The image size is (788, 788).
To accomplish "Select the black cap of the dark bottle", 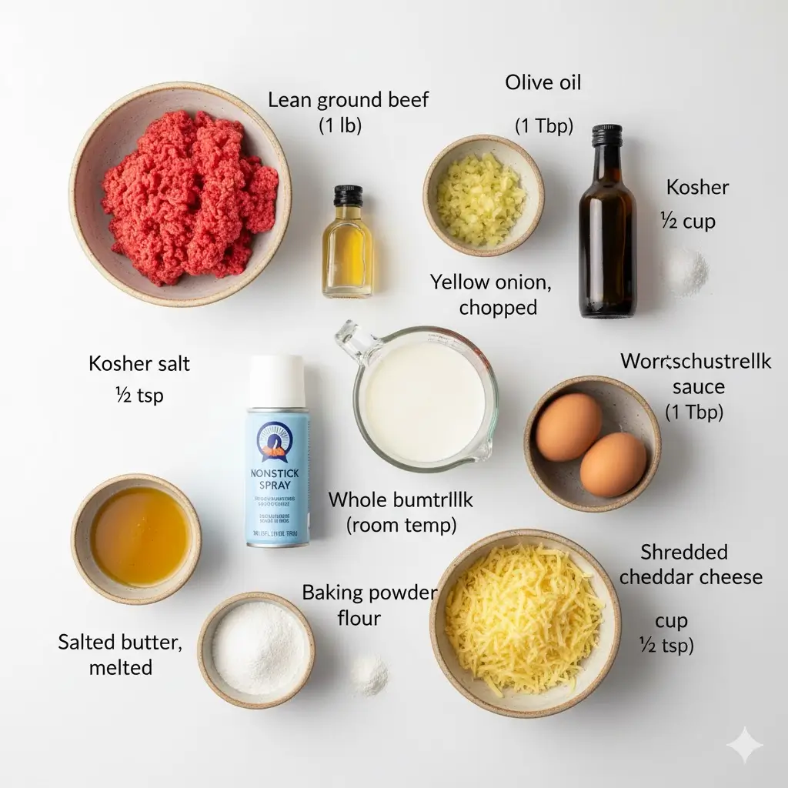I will tap(606, 136).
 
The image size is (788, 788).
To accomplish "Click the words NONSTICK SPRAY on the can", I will tap(278, 481).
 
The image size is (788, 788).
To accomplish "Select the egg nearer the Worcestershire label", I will tap(569, 426).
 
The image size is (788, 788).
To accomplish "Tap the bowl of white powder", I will tap(256, 648).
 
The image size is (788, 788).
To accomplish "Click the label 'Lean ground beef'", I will tap(349, 99).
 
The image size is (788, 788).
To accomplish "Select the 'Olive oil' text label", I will tap(543, 82).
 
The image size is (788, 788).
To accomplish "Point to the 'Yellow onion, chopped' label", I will tap(491, 294).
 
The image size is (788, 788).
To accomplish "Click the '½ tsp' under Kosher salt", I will tap(139, 396).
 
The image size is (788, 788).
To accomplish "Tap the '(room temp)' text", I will tap(401, 526).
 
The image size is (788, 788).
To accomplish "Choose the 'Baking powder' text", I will tap(369, 593).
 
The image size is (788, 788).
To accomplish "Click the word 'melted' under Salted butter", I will tap(120, 667).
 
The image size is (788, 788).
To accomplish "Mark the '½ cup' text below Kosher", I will tap(688, 222).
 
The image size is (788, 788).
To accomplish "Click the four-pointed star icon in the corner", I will tap(745, 745).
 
